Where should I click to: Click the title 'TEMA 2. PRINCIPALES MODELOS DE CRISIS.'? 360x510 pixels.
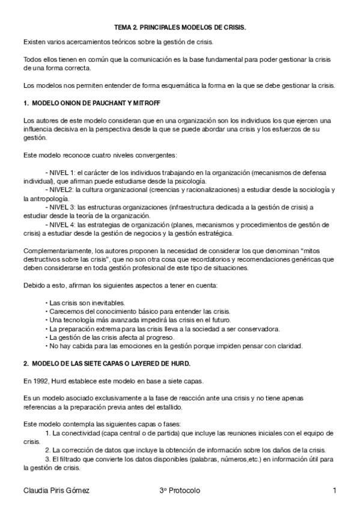click(180, 28)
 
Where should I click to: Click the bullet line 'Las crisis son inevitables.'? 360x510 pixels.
click(87, 303)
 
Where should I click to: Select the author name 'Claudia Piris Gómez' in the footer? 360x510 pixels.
click(56, 491)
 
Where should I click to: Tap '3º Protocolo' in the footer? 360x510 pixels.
click(180, 491)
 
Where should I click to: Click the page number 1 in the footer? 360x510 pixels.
click(334, 491)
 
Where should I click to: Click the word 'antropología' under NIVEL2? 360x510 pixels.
click(41, 198)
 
